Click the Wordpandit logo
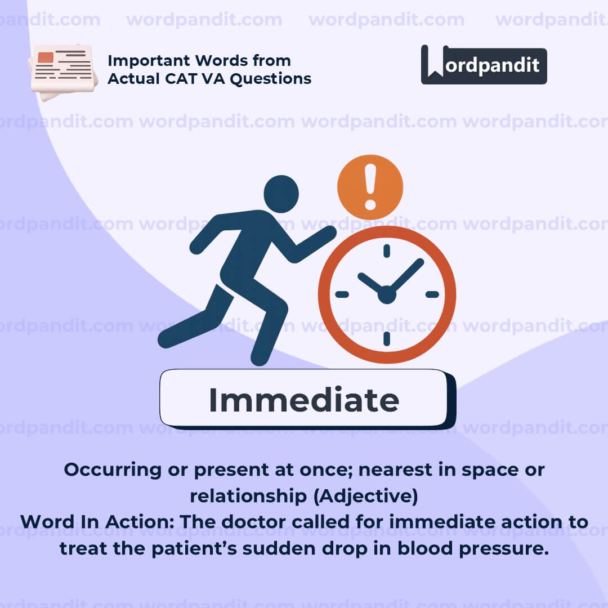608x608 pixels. [484, 65]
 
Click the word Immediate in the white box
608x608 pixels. [304, 400]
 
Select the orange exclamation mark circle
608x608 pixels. [370, 187]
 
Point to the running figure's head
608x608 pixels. [281, 194]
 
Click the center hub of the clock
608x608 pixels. [387, 294]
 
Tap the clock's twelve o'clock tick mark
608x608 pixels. [387, 251]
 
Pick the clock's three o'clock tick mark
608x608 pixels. [432, 294]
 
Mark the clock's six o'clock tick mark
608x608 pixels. [387, 339]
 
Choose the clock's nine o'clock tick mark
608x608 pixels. [342, 294]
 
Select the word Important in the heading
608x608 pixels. [149, 61]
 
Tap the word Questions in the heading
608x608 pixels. [271, 79]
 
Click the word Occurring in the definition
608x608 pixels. [113, 470]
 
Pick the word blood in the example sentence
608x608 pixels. [425, 548]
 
